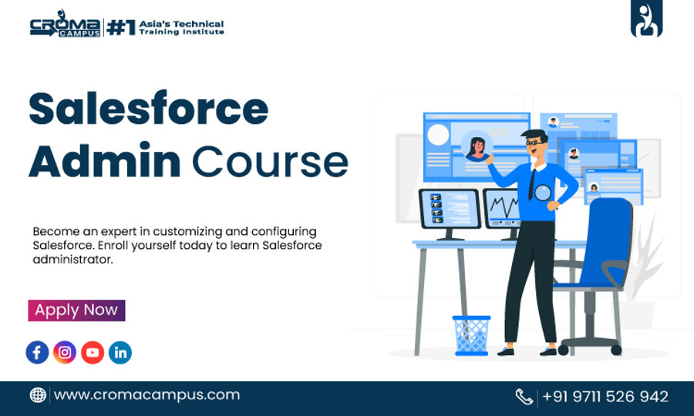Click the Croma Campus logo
point(66,28)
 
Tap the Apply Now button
point(76,310)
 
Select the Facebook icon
point(37,353)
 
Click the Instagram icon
point(65,353)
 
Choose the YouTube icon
point(93,353)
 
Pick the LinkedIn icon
point(120,353)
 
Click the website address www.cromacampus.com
point(147,395)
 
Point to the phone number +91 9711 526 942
point(605,397)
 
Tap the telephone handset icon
point(524,397)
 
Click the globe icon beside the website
point(38,395)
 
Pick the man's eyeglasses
point(535,143)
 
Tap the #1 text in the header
point(121,28)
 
